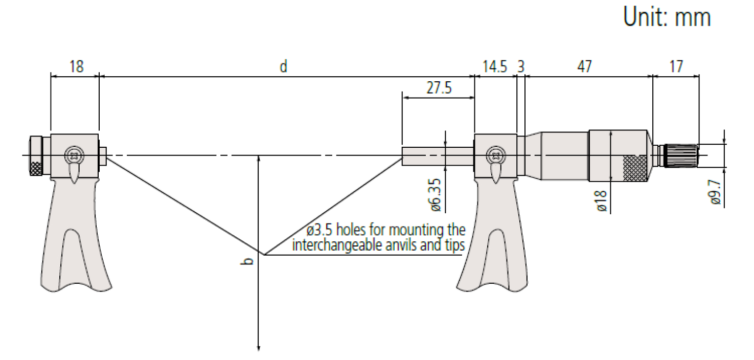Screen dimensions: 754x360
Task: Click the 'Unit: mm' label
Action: pos(667,17)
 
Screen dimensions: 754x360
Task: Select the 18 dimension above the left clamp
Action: pos(76,66)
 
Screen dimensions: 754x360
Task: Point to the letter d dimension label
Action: pos(283,66)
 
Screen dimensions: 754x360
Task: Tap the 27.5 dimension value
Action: pos(439,87)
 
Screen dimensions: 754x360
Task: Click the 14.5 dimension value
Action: pos(494,66)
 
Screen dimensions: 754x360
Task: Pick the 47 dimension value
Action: pos(584,66)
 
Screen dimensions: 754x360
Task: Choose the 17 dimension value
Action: pos(676,66)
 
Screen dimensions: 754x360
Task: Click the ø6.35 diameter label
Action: pos(435,195)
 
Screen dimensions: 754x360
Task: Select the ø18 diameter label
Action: pos(602,201)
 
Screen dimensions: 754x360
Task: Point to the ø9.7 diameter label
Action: pos(715,192)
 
